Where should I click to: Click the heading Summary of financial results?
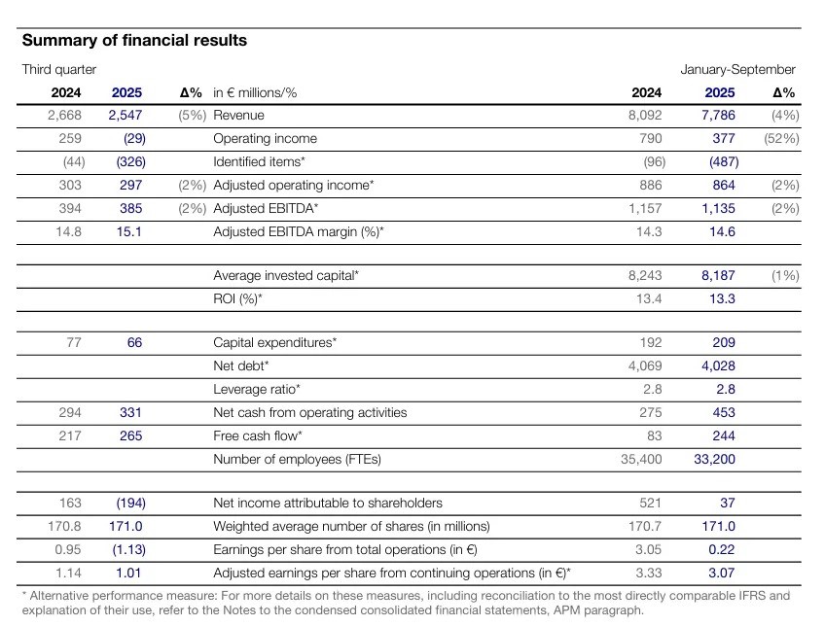[134, 41]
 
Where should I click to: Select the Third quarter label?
[59, 69]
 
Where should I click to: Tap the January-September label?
[737, 69]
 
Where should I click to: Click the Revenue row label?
[239, 115]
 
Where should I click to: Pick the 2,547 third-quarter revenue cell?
[126, 115]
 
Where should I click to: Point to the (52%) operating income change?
[781, 138]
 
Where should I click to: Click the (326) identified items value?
[131, 161]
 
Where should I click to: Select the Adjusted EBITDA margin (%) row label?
[299, 231]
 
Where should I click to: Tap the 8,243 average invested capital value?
[645, 275]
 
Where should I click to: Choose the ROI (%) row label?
[237, 298]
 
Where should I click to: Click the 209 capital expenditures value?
[724, 343]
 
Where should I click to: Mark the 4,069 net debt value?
[645, 365]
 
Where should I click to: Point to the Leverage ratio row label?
[257, 389]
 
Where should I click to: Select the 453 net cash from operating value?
[724, 412]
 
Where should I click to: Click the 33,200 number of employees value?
[714, 460]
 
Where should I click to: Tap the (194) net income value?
[131, 503]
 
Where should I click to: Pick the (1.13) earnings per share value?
[128, 550]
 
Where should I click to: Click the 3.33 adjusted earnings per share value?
[649, 573]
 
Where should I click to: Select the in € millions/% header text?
[255, 93]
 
